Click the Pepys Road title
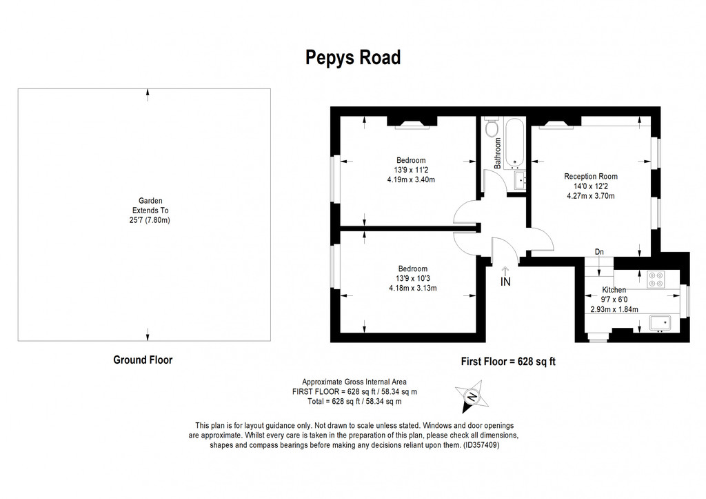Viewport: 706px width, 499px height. coord(352,58)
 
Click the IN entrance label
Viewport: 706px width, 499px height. coord(505,282)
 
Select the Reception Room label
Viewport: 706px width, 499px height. coord(590,176)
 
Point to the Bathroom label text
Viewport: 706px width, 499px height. coord(496,154)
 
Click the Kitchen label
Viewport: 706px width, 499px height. coord(614,290)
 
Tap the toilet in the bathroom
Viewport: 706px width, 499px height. coord(492,128)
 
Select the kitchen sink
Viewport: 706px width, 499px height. coord(660,322)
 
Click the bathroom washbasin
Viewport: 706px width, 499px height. coord(521,179)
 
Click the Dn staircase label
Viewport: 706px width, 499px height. coord(599,252)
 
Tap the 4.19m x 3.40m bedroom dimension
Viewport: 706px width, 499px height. coord(411,180)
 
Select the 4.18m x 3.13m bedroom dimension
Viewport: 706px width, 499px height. coord(412,288)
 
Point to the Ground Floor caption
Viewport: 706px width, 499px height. coord(142,360)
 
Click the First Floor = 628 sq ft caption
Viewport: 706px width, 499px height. coord(507,361)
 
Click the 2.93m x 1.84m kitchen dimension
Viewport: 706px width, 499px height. coord(614,309)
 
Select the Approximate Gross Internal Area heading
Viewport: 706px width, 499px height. coord(354,382)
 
